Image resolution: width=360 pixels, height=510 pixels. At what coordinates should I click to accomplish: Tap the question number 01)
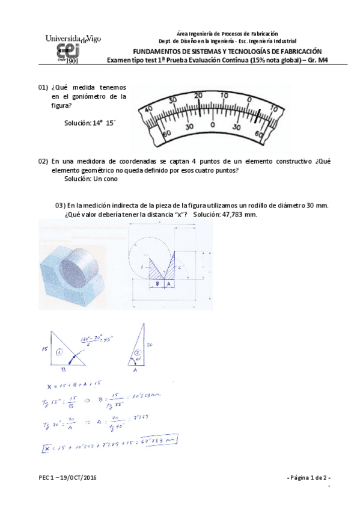tap(43, 88)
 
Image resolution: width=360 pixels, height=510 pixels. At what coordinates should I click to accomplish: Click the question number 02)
tap(43, 161)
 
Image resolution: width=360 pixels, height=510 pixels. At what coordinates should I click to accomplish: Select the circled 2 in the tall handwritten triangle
tap(138, 353)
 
